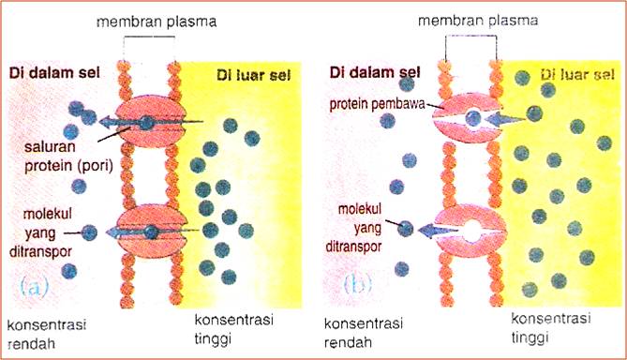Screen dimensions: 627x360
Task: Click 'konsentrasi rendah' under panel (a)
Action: (47, 334)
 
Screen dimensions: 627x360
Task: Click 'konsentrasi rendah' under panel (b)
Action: (365, 334)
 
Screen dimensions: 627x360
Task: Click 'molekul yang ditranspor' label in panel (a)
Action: (49, 233)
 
